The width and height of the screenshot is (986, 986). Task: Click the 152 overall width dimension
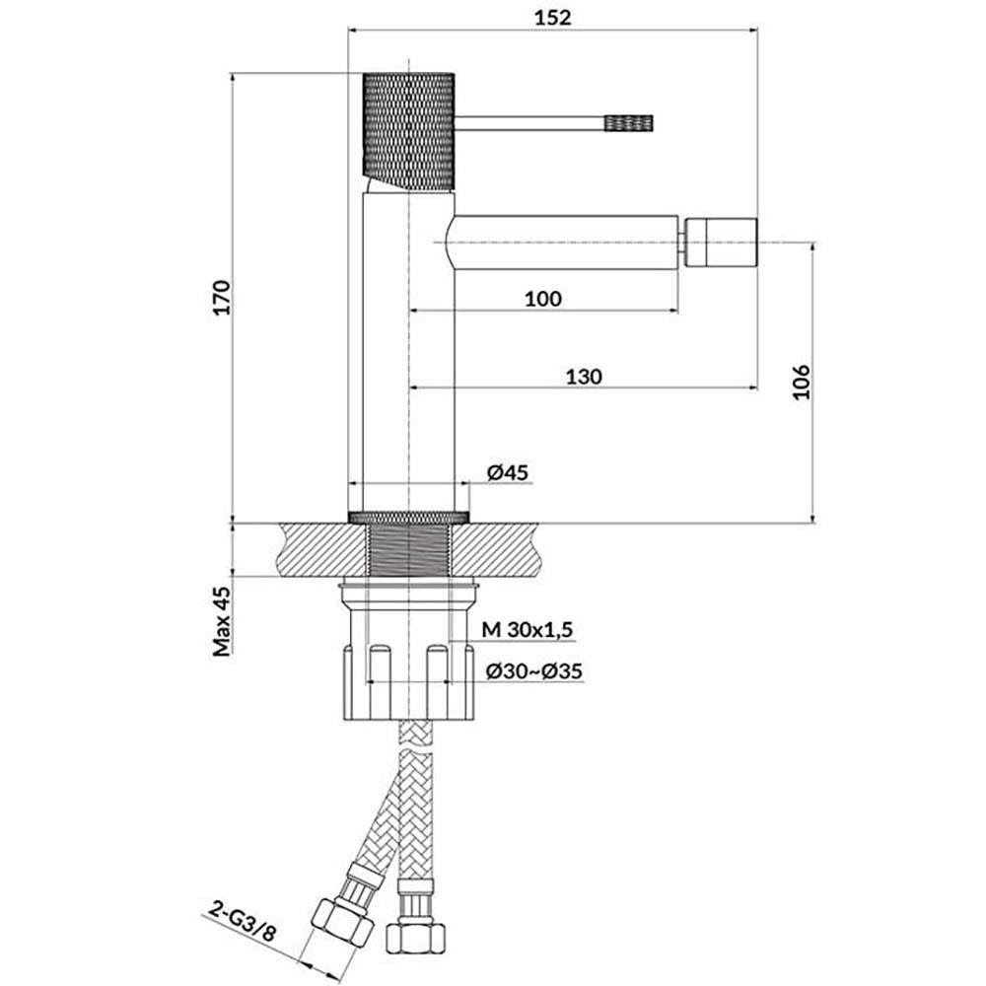click(554, 17)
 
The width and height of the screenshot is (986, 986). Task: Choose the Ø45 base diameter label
click(508, 473)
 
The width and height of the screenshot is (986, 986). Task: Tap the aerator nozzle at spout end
click(722, 242)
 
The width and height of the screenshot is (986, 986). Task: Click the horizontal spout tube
click(562, 242)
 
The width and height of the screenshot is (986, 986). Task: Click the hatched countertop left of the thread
click(320, 547)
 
